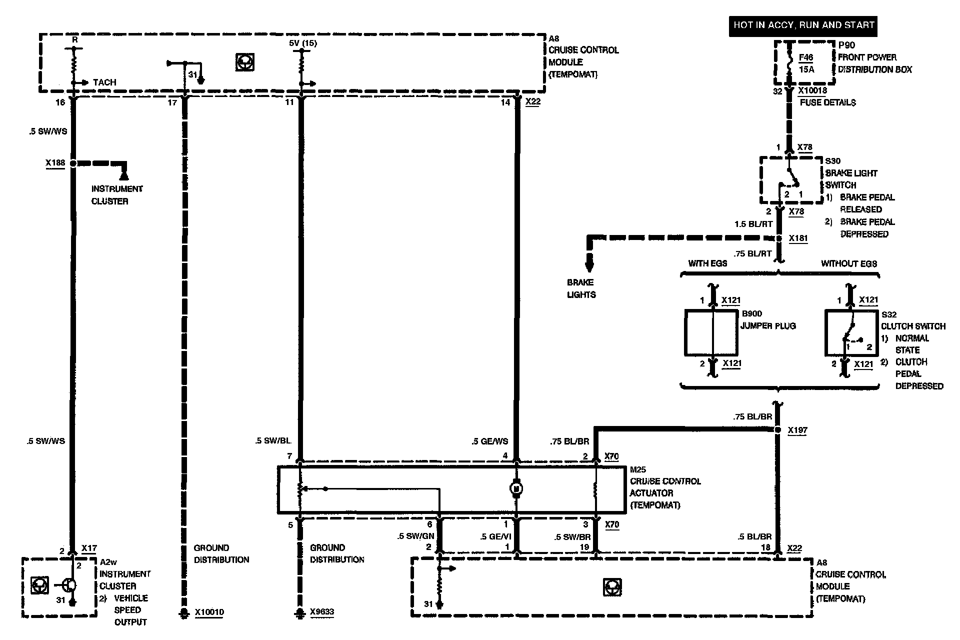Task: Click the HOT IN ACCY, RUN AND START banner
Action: coord(803,25)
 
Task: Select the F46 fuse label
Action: coord(805,58)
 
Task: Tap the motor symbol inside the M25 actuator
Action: coord(516,487)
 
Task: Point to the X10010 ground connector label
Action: coord(209,612)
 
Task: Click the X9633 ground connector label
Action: coord(321,612)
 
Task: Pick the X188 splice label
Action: coord(55,163)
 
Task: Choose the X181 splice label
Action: coord(798,239)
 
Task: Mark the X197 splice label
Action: coord(797,430)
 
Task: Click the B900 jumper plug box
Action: coord(711,332)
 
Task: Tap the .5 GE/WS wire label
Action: coord(490,441)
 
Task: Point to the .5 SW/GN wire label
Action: coord(415,536)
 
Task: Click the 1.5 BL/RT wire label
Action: coord(753,224)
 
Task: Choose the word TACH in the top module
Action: coord(104,82)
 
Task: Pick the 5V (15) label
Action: coord(302,43)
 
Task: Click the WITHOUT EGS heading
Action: coord(849,263)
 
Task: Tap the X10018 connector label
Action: coord(812,91)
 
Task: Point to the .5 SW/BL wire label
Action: coord(273,441)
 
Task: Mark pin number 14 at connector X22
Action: coord(505,102)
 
